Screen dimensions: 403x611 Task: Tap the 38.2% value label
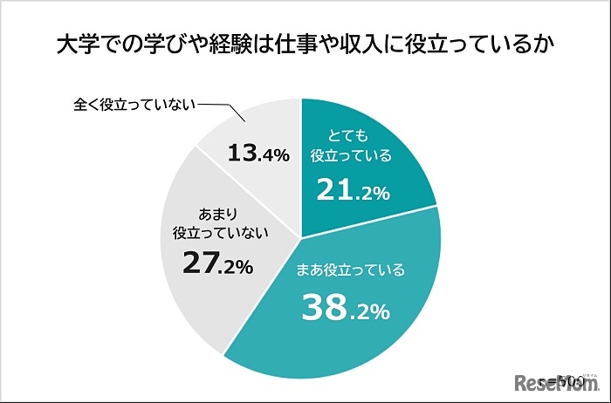(x=345, y=307)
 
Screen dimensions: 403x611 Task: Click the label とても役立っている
(x=352, y=147)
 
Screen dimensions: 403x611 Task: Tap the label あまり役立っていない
(x=219, y=222)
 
